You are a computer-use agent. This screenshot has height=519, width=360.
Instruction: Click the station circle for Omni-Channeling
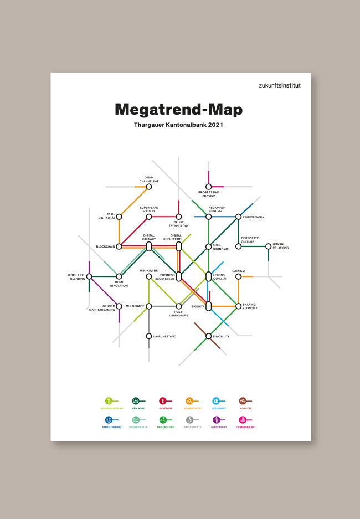click(x=148, y=187)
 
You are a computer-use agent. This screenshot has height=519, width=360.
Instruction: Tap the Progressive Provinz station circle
click(x=208, y=187)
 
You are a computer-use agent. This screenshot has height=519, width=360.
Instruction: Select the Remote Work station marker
click(x=238, y=217)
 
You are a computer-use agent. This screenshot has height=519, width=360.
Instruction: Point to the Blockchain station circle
click(x=119, y=246)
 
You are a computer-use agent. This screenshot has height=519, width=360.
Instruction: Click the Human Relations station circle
click(x=268, y=246)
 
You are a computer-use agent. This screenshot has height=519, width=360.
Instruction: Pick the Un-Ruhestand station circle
click(x=148, y=336)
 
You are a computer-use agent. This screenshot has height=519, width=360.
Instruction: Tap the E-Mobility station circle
click(x=208, y=336)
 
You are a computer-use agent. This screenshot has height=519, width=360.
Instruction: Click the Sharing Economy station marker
click(x=238, y=306)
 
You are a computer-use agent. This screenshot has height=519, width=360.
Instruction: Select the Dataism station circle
click(x=238, y=276)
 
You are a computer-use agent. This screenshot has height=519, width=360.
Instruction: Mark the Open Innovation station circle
click(x=119, y=276)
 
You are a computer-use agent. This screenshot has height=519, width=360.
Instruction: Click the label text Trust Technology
click(x=179, y=224)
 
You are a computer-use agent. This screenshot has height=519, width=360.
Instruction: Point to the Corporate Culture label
click(x=250, y=240)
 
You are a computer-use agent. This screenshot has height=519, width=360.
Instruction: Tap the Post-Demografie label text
click(x=178, y=314)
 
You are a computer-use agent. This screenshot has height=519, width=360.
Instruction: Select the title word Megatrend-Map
click(x=178, y=109)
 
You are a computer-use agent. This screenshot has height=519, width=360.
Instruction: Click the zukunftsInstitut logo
click(x=280, y=85)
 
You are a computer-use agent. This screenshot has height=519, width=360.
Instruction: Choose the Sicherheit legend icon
click(x=162, y=400)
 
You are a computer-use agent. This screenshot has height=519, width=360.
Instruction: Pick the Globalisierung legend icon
click(x=109, y=420)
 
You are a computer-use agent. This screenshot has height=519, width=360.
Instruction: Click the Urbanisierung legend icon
click(x=243, y=420)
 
